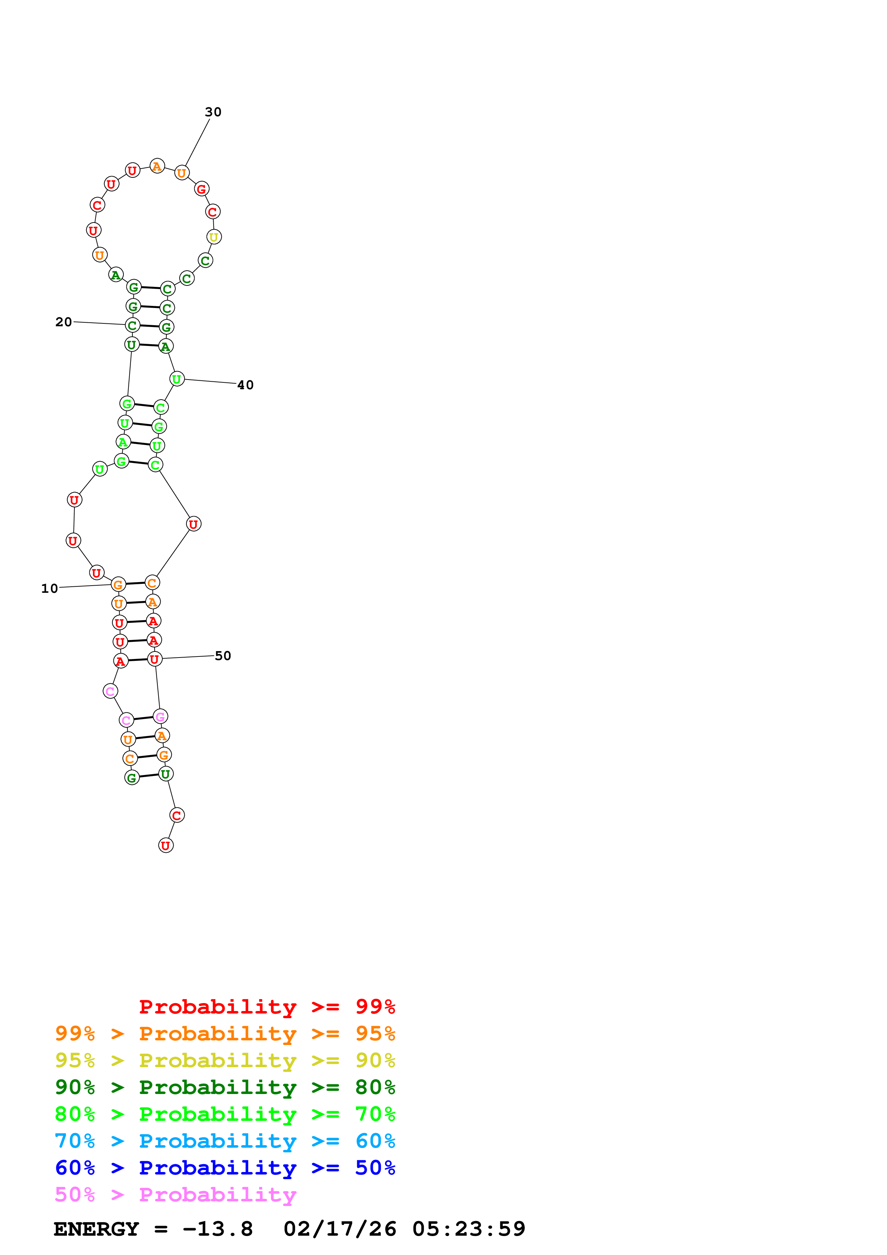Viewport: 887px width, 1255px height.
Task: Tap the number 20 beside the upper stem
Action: [x=63, y=322]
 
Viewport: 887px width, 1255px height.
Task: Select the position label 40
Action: [x=245, y=385]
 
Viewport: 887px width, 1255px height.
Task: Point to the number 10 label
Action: [x=49, y=588]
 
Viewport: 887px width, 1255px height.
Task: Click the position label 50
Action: [x=223, y=655]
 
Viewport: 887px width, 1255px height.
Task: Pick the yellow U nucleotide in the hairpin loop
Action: [x=214, y=237]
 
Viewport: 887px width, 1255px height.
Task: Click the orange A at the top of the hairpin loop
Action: [x=157, y=166]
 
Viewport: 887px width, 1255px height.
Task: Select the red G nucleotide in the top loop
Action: [x=201, y=189]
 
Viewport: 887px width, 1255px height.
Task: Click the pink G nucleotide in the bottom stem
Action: [x=160, y=717]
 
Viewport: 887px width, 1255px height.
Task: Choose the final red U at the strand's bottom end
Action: [x=166, y=846]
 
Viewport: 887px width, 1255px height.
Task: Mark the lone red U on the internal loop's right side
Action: [x=194, y=524]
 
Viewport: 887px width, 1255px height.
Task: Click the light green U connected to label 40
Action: [x=176, y=379]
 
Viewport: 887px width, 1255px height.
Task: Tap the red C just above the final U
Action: [x=176, y=816]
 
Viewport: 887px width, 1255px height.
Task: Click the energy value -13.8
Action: [x=218, y=1229]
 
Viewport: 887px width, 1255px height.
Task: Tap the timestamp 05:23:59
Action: [x=468, y=1229]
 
